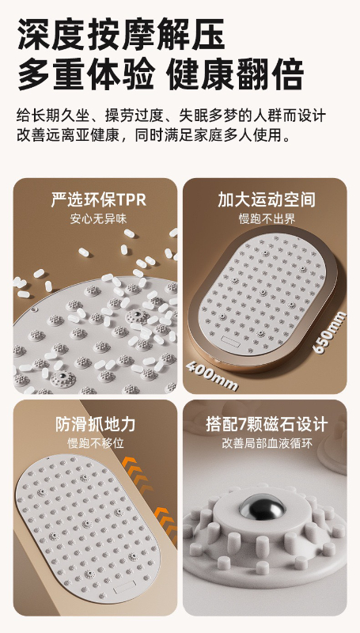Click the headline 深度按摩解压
121,33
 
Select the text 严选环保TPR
98,199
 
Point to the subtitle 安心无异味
98,219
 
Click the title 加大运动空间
267,199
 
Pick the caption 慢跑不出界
267,219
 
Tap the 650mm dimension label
330,332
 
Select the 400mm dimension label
212,375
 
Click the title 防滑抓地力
95,424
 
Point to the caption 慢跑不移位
95,443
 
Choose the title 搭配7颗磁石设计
267,424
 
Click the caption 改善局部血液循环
267,443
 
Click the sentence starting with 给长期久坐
171,116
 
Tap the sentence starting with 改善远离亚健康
153,135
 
